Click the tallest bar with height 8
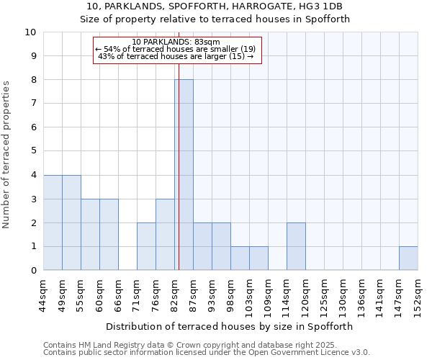click(x=184, y=175)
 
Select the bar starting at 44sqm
click(x=53, y=222)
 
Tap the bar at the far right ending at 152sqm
click(x=408, y=258)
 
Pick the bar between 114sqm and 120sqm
click(x=296, y=246)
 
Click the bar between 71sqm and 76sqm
click(x=146, y=246)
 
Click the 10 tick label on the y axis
click(x=30, y=32)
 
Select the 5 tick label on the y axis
click(x=33, y=151)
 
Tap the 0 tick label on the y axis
click(x=33, y=271)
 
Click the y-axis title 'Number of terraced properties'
click(x=7, y=155)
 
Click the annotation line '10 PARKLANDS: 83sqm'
click(x=176, y=42)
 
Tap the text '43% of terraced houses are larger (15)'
click(x=176, y=56)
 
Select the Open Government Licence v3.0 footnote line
click(x=207, y=353)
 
